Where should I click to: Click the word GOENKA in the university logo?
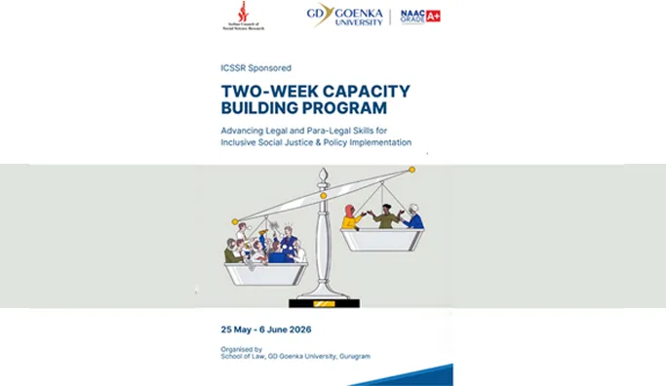(357, 13)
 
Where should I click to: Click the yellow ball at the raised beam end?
(411, 170)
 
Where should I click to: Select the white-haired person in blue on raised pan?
(414, 216)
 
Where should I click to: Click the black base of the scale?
(324, 302)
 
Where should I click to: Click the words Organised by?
(242, 348)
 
